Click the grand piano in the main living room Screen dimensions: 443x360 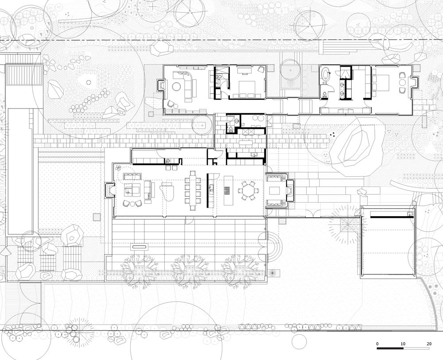click(x=167, y=191)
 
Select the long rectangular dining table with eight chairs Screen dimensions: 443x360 click(x=193, y=190)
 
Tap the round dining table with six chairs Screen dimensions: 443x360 click(x=249, y=190)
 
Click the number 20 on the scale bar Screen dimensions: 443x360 click(x=429, y=344)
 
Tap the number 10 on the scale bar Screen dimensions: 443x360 click(x=403, y=344)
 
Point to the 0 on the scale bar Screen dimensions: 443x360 click(x=377, y=344)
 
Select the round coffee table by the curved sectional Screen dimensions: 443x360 click(x=178, y=86)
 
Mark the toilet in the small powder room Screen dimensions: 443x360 click(x=231, y=129)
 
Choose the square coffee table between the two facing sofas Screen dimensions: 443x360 click(x=274, y=191)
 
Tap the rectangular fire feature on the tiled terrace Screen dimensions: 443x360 click(x=140, y=247)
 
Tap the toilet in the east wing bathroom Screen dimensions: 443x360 click(x=324, y=95)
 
